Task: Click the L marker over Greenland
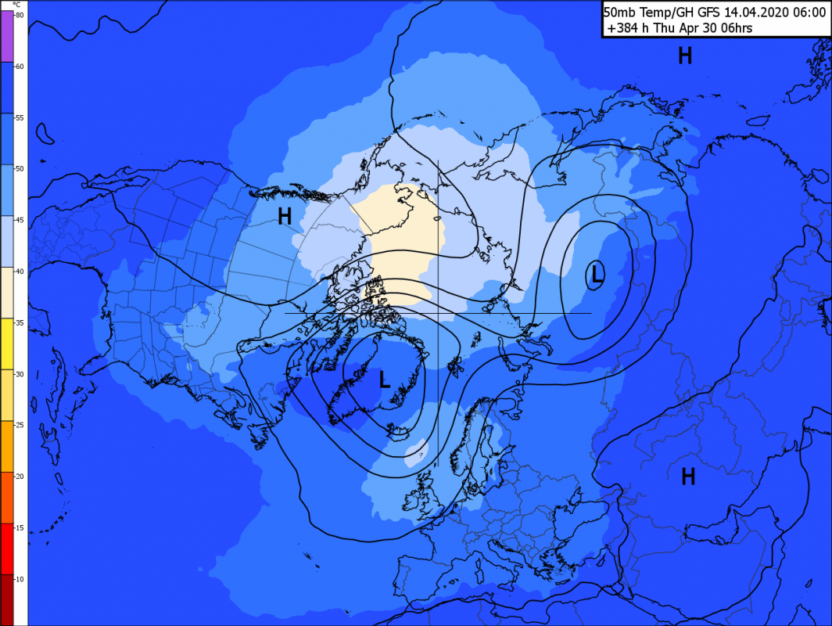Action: [x=384, y=380]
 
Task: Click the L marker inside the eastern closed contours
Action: [x=597, y=274]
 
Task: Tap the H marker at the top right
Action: [x=685, y=56]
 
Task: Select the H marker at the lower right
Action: [x=688, y=476]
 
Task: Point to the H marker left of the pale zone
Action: [x=285, y=217]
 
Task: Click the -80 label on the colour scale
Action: [x=20, y=15]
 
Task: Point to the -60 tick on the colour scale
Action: [x=20, y=66]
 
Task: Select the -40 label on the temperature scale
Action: [x=20, y=271]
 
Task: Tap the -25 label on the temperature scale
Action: [x=20, y=424]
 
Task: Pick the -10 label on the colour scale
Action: [x=20, y=578]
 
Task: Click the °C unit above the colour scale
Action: [x=16, y=5]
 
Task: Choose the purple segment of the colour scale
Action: [x=6, y=35]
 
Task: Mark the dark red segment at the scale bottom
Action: [x=6, y=599]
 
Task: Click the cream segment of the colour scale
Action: [x=6, y=292]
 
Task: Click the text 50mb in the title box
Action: [x=621, y=11]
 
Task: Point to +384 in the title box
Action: [x=622, y=28]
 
